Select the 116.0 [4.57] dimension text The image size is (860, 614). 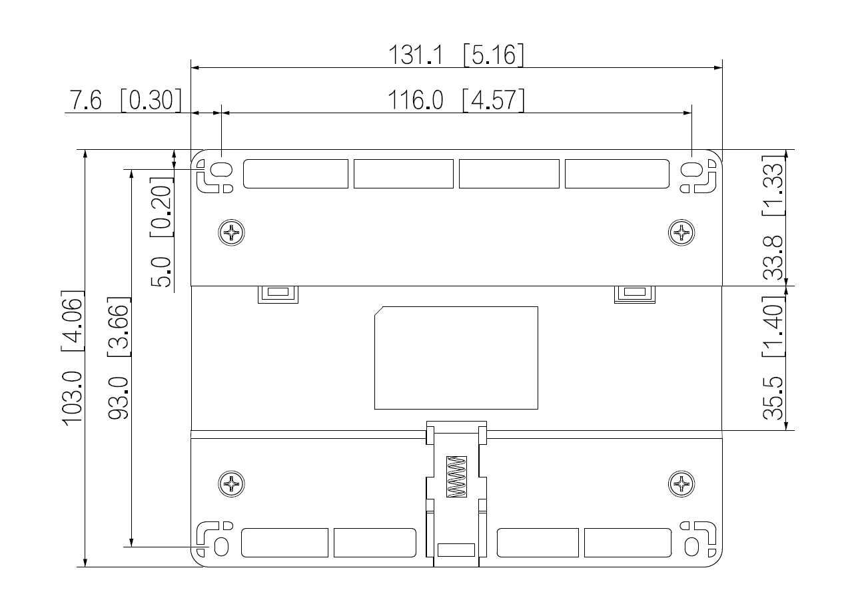click(456, 101)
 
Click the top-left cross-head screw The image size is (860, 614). click(232, 232)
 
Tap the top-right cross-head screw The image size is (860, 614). click(681, 232)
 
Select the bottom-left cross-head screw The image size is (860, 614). click(232, 483)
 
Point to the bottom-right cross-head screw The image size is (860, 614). click(681, 483)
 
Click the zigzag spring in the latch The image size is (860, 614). click(457, 477)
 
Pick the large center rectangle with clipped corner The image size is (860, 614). click(456, 358)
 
